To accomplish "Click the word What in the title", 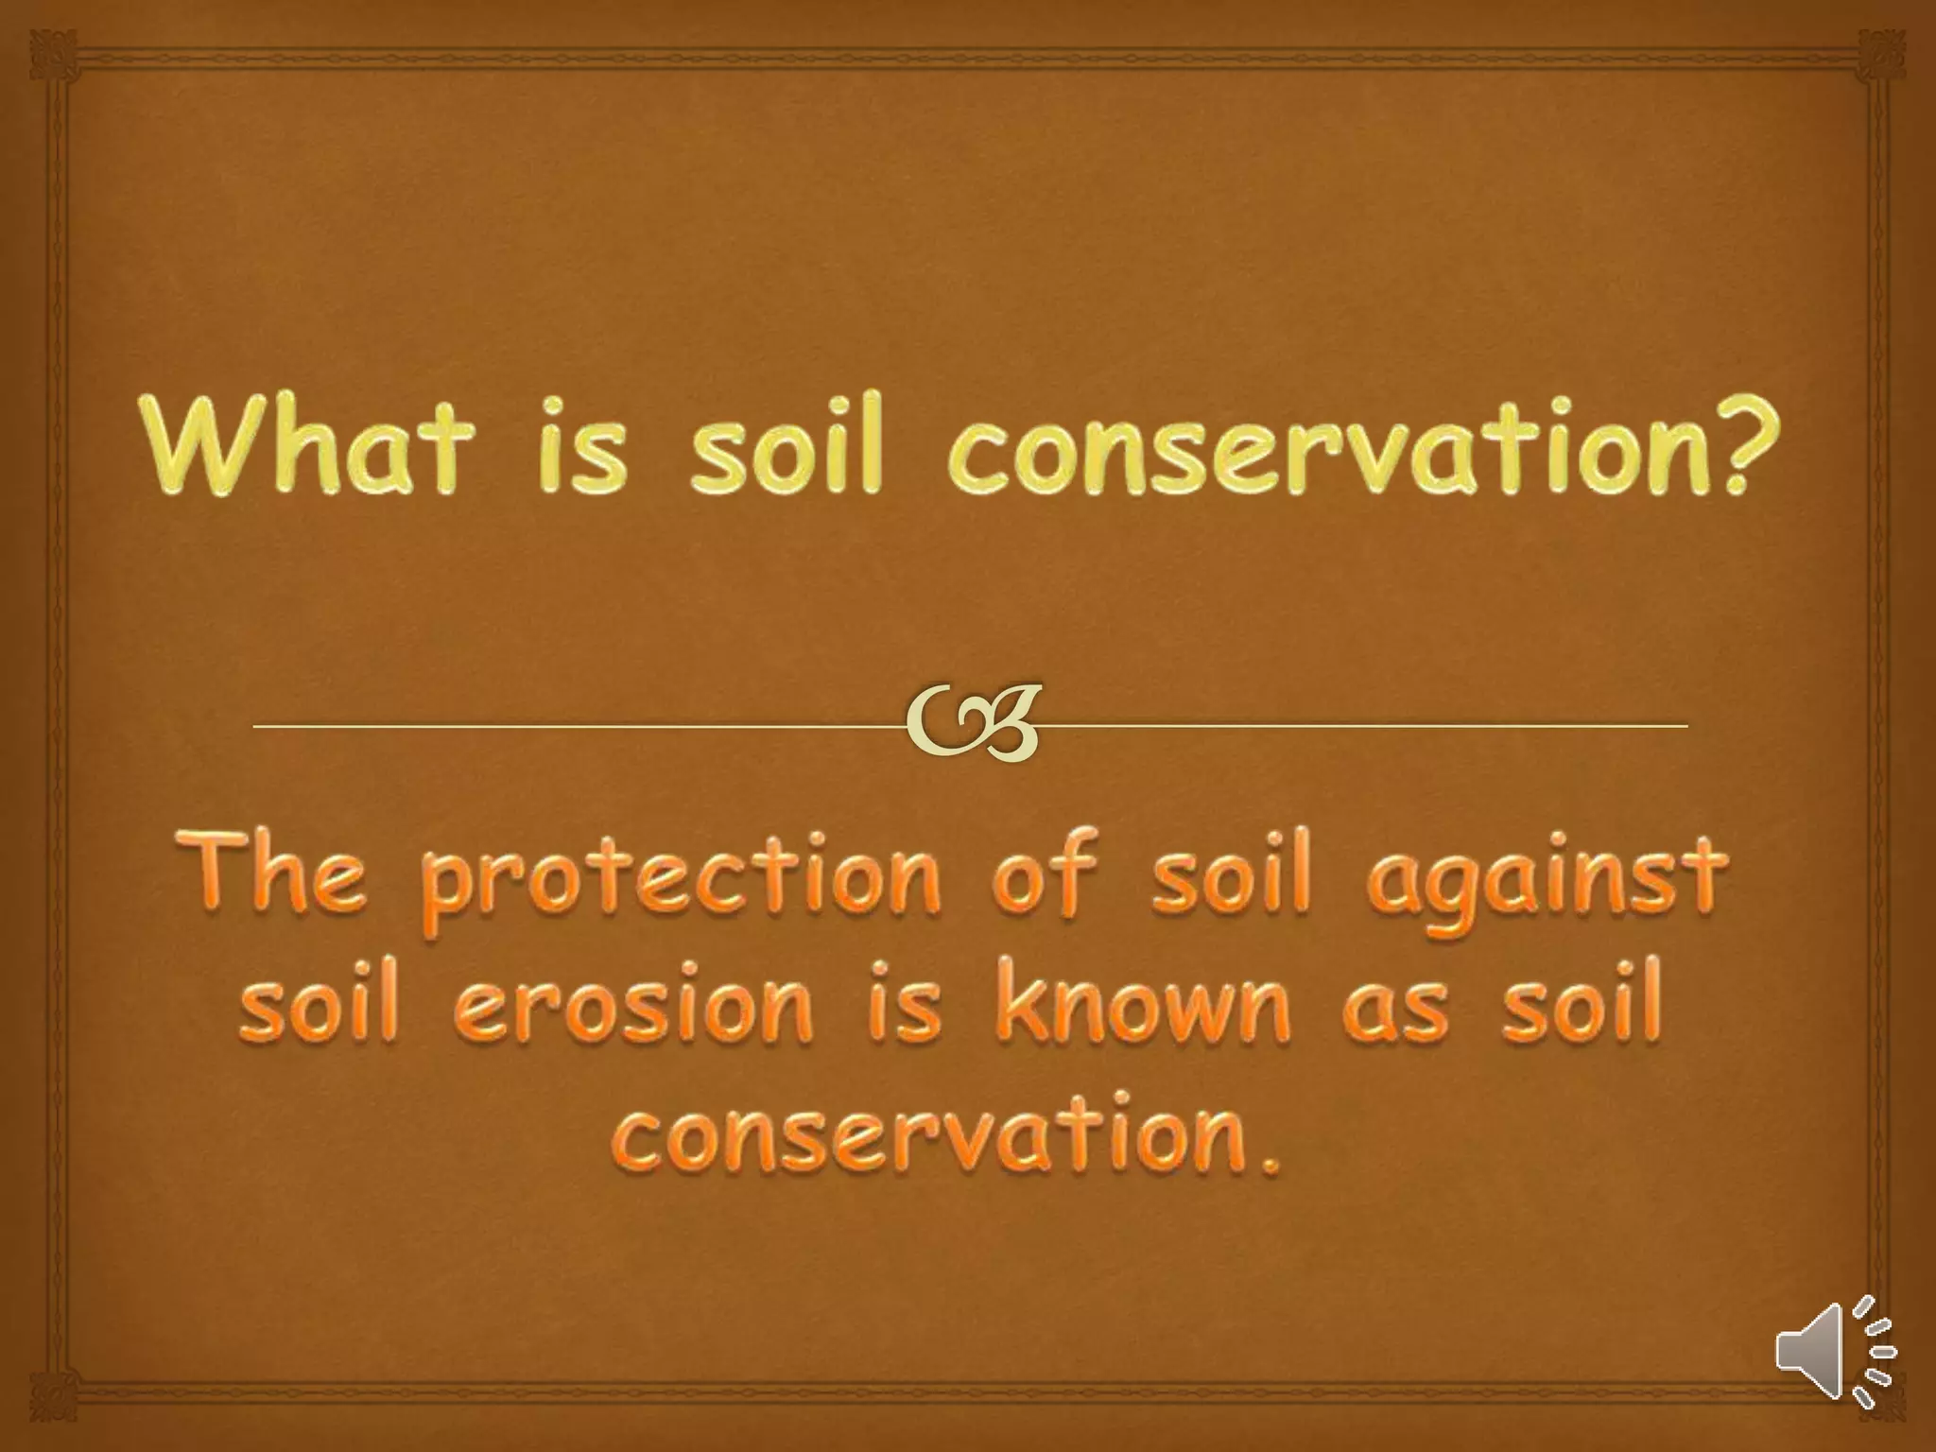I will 306,443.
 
